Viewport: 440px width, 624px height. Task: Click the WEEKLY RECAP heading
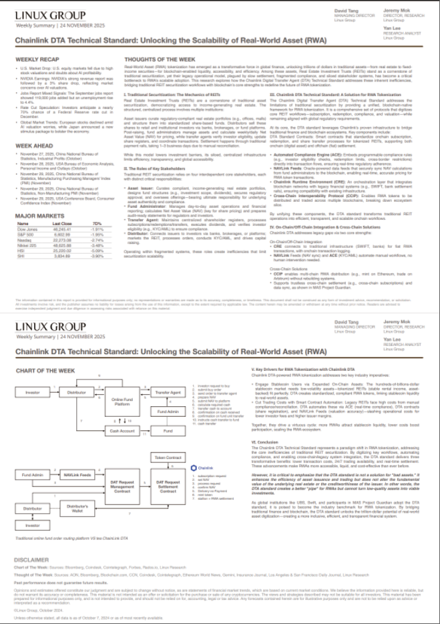click(33, 59)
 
